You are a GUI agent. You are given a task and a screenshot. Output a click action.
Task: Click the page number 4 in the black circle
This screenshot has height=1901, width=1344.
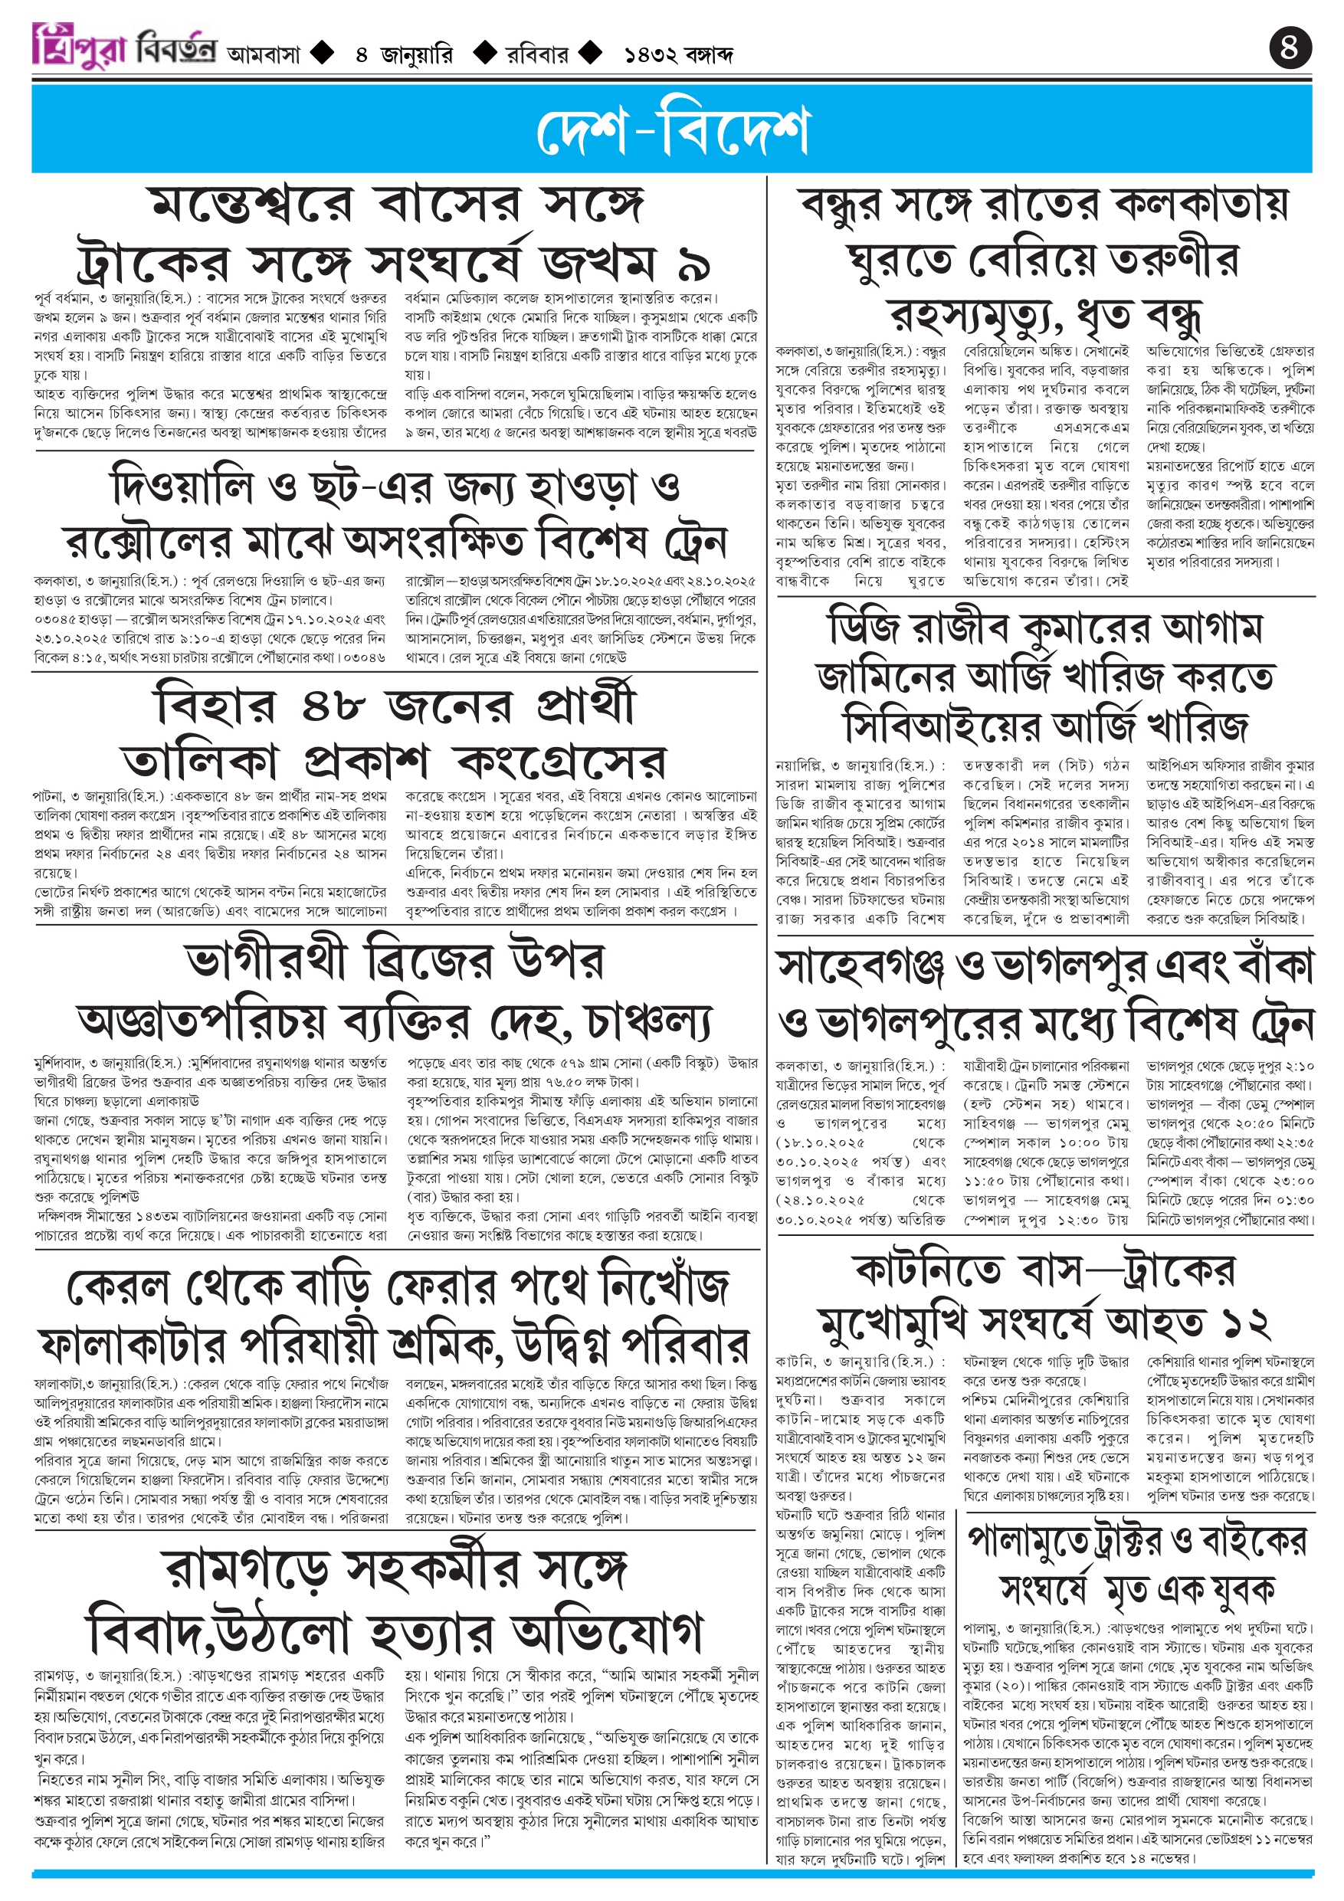[x=1290, y=48]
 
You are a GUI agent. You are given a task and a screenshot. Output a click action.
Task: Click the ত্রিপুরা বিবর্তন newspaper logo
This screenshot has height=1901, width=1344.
[x=124, y=45]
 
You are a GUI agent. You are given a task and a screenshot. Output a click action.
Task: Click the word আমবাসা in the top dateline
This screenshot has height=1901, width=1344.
[x=263, y=55]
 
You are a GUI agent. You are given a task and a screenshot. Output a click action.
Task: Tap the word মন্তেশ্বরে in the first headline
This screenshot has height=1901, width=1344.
[x=249, y=205]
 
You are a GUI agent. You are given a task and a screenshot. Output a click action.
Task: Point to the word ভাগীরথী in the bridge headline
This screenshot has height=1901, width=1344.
[x=266, y=960]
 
